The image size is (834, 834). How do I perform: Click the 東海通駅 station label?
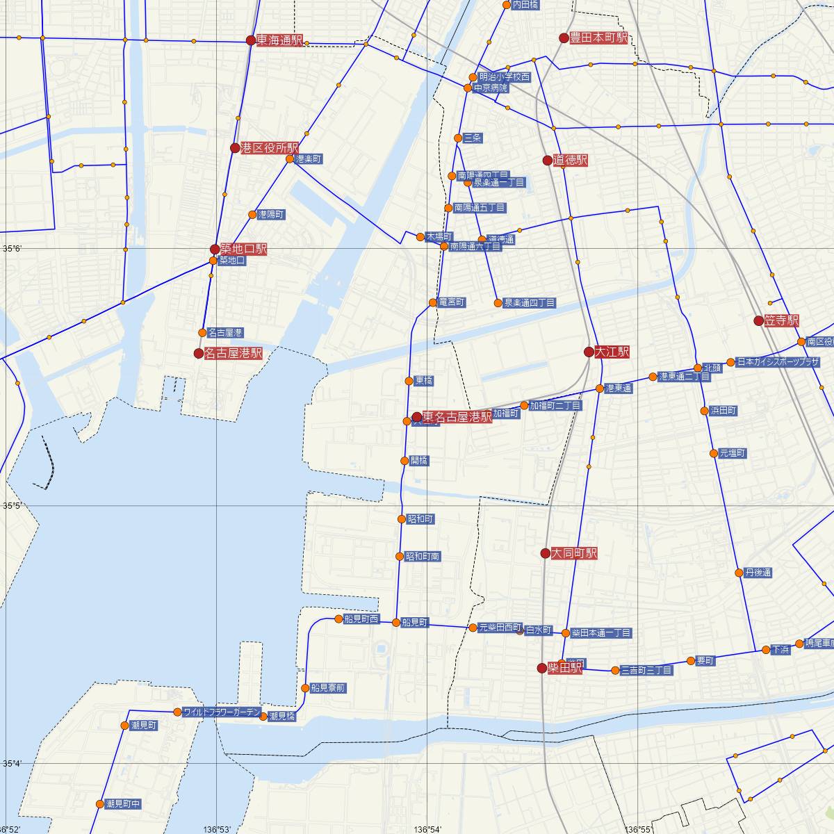point(279,40)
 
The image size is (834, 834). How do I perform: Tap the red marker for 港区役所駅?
point(235,148)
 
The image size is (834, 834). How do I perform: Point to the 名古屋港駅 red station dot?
point(198,354)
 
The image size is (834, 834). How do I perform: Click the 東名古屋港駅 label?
point(457,417)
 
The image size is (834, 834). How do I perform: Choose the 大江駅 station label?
point(612,352)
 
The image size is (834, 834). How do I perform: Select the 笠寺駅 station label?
point(781,321)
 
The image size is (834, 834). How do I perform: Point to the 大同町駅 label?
point(574,554)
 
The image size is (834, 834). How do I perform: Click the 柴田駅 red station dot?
point(542,668)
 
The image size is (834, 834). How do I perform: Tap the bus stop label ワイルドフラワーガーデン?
point(222,712)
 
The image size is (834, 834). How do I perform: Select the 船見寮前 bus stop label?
point(328,688)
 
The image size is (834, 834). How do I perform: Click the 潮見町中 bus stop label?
point(124,804)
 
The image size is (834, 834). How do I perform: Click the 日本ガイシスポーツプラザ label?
point(778,362)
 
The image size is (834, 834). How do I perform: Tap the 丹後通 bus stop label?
point(758,573)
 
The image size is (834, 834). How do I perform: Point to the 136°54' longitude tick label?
point(428,829)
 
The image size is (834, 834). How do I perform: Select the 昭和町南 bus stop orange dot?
point(399,556)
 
